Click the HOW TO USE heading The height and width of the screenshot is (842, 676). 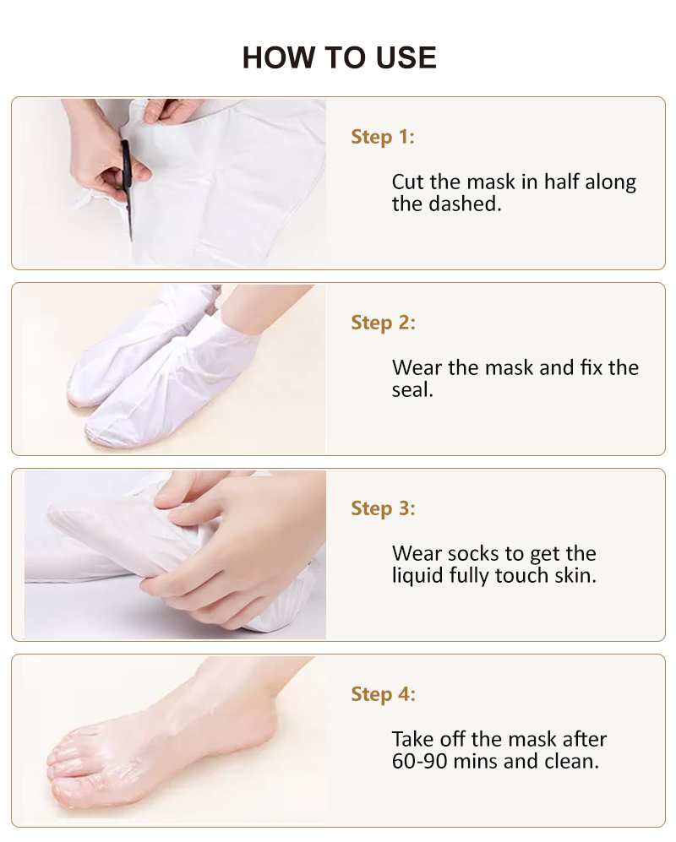coord(339,57)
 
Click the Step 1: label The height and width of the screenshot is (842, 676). coord(383,137)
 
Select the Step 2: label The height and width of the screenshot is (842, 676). coord(383,323)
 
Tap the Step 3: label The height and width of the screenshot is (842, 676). coord(383,508)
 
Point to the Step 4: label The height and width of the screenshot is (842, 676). coord(383,694)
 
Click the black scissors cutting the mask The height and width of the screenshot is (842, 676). coord(127,186)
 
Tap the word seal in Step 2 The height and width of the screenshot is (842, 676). coord(412,389)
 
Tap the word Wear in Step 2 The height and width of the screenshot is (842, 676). coord(417,368)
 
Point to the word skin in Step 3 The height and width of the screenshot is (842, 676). coord(575,576)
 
